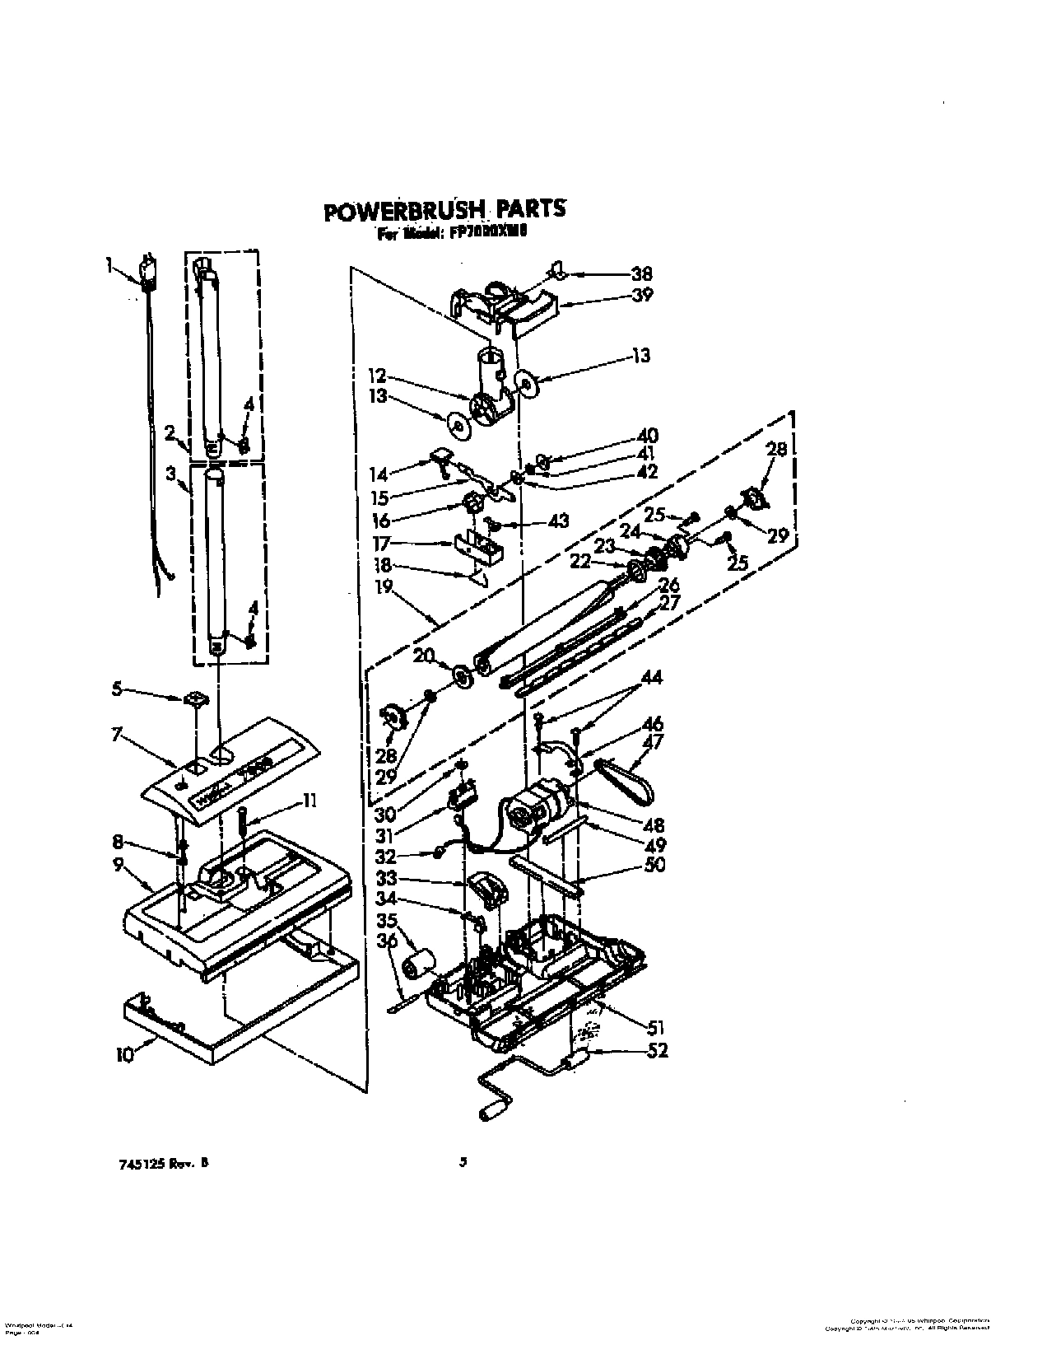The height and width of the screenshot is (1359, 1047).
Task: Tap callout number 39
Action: [x=641, y=294]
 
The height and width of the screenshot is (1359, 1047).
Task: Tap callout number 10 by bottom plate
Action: [x=124, y=1056]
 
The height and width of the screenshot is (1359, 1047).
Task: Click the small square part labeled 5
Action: [x=196, y=699]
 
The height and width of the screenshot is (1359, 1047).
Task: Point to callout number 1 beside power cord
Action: [x=109, y=264]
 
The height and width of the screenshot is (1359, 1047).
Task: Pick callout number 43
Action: [x=558, y=521]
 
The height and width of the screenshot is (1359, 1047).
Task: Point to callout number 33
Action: [x=387, y=878]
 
